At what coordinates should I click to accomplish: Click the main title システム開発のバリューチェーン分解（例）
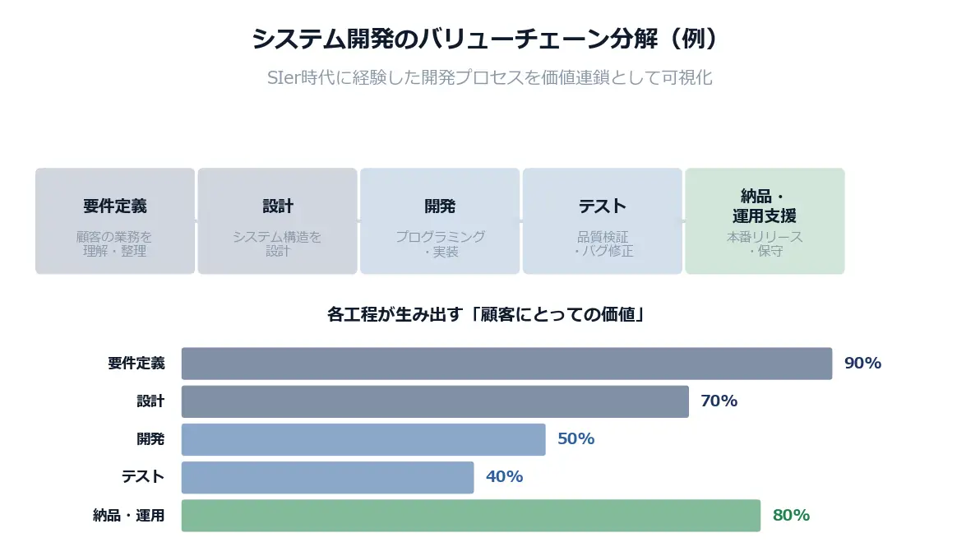pos(489,39)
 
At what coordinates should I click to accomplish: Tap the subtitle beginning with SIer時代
pos(489,78)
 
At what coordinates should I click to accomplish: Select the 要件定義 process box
pos(115,220)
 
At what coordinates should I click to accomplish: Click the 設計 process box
pos(277,220)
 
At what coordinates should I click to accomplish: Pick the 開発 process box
pos(440,220)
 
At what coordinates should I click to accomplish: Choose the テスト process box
pos(602,220)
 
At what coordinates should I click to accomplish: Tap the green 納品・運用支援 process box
pos(765,220)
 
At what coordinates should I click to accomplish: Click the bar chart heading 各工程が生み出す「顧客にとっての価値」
pos(485,313)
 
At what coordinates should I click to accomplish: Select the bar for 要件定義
pos(506,364)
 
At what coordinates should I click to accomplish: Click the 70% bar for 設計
pos(435,401)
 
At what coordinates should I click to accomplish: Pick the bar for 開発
pos(363,439)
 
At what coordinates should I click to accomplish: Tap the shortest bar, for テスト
pos(327,477)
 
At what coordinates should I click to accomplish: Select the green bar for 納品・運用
pos(470,516)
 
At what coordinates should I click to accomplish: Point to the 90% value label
pos(862,364)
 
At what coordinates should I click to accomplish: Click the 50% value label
pos(576,439)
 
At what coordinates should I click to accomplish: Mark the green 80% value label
pos(791,516)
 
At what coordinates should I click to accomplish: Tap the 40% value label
pos(504,477)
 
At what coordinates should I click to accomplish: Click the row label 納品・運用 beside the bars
pos(129,516)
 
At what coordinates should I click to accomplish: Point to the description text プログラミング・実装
pos(440,244)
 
